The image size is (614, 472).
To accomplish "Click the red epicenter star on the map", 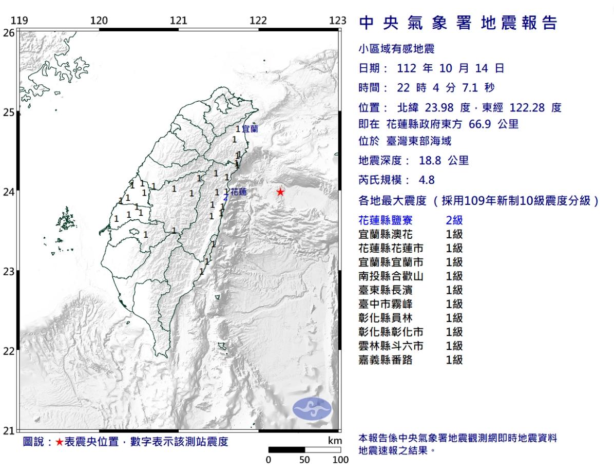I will point(280,192).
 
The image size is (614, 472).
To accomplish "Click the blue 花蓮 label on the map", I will point(239,192).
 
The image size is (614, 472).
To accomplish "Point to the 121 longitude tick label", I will point(178,21).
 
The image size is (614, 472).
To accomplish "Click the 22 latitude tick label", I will point(9,351).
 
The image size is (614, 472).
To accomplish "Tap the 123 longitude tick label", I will point(338,21).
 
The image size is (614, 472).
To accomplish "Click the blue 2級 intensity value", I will point(454,220).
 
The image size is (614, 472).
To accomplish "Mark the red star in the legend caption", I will point(60,442).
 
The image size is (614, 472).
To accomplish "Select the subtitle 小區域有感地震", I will point(396,49).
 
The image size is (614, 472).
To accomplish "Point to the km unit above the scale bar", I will point(334,441).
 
